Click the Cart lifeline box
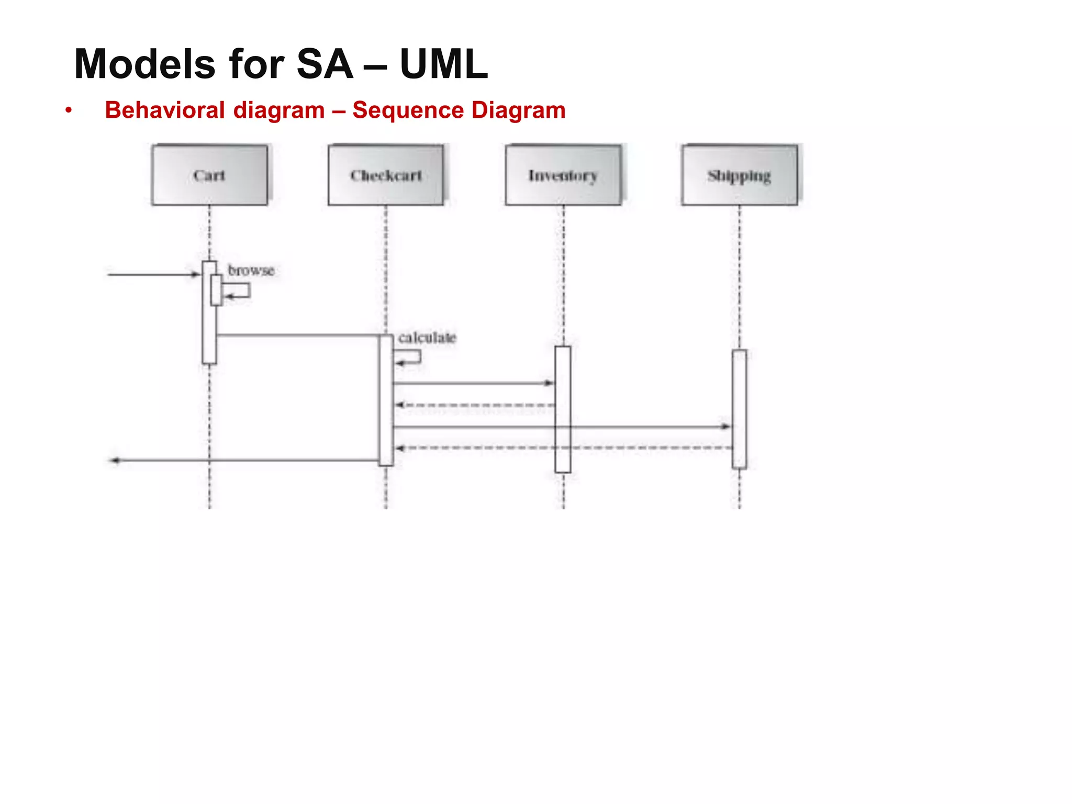[x=209, y=175]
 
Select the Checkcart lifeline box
[x=386, y=175]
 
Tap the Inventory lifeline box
[x=563, y=175]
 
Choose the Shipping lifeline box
[x=740, y=175]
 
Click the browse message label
[x=251, y=271]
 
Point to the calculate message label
[x=427, y=338]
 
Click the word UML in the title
[x=444, y=64]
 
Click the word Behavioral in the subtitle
[x=165, y=110]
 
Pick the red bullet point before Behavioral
[x=69, y=110]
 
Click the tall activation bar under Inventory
[x=563, y=409]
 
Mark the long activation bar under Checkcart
[x=386, y=400]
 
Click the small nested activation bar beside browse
[x=216, y=289]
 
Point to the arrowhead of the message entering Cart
[x=197, y=274]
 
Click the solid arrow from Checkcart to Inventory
[x=471, y=383]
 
